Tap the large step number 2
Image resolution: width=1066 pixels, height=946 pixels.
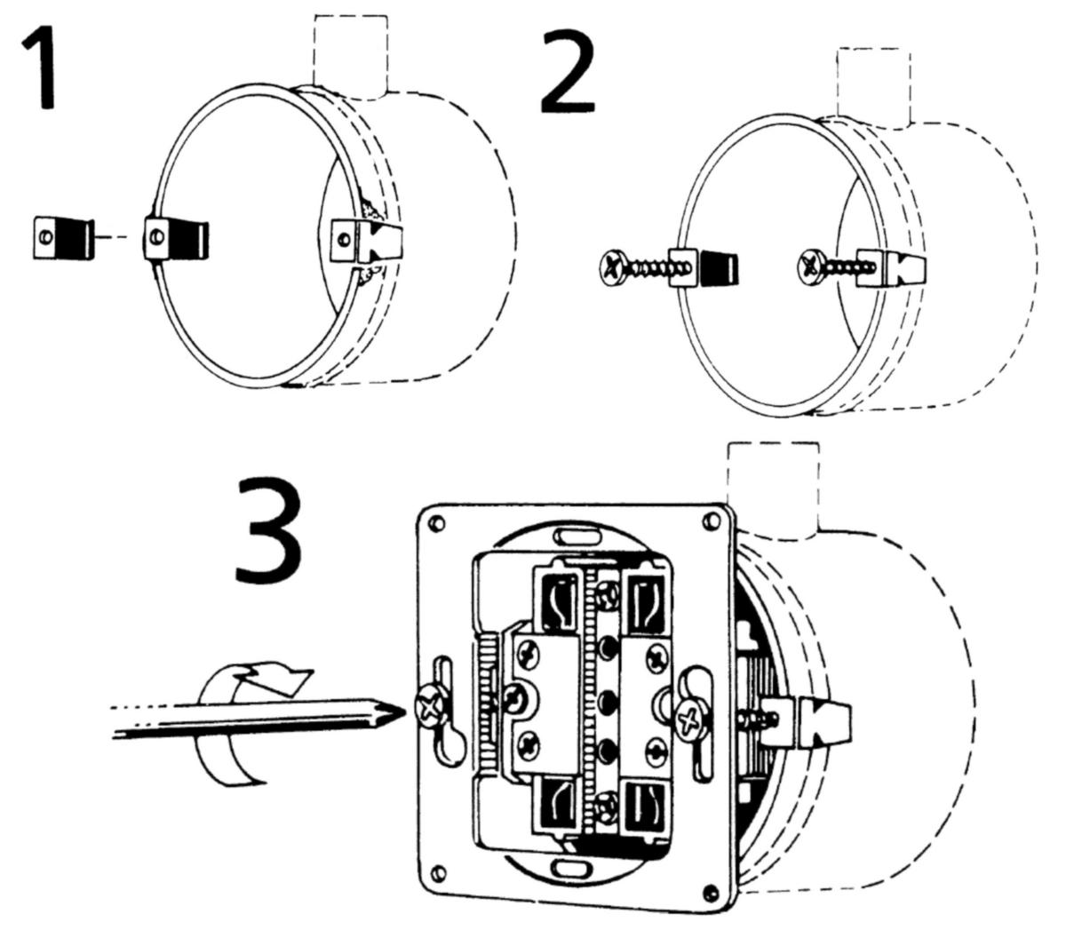coord(577,73)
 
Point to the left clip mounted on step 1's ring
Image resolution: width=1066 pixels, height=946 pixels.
coord(176,238)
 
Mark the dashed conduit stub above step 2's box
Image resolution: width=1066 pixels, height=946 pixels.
coord(873,84)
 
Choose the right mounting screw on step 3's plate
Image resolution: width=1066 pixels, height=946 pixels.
coord(690,718)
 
